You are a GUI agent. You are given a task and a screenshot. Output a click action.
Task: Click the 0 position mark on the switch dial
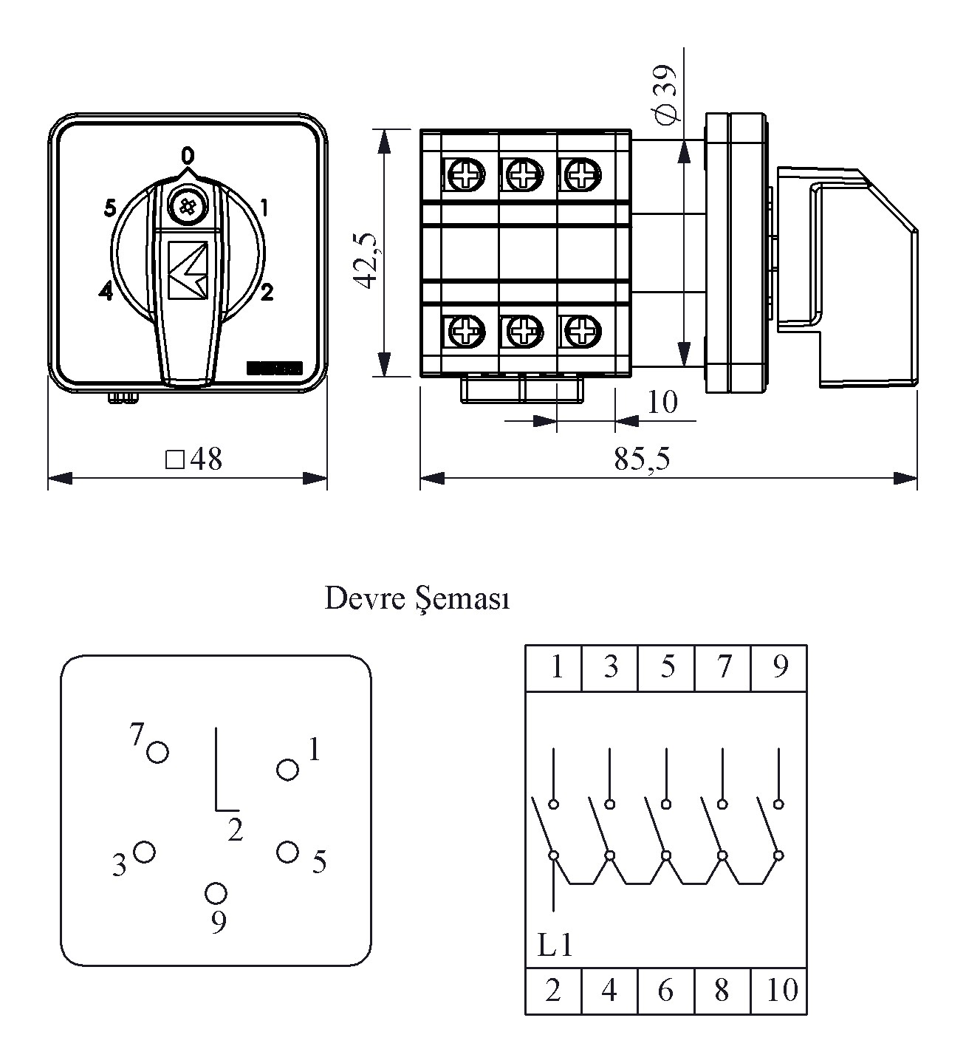188,155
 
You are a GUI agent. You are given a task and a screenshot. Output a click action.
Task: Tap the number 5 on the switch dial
110,209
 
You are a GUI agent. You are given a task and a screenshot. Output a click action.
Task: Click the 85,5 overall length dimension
642,459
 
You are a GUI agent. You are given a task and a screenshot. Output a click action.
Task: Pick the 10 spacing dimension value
661,403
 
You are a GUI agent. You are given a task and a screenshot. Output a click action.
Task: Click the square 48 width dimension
193,459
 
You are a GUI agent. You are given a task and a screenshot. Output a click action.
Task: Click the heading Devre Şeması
417,598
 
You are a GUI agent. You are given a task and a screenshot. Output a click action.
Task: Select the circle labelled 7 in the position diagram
157,752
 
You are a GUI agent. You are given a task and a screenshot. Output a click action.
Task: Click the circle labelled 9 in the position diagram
216,893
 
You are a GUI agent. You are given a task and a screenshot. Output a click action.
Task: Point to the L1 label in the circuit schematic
555,946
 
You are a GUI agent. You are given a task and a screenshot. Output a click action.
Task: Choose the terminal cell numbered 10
778,991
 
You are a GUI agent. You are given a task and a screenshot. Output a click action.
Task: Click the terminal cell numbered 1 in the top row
554,668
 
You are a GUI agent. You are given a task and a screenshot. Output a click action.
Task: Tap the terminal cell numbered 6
665,991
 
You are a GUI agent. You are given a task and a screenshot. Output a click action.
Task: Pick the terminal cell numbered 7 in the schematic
722,668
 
